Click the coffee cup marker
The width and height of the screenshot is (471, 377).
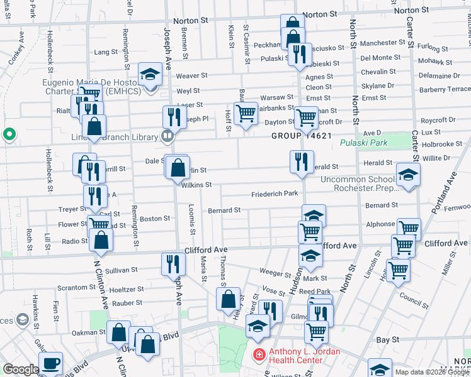(51, 363)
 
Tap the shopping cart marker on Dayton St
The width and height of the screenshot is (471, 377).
(245, 114)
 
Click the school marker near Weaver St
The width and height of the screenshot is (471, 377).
(150, 75)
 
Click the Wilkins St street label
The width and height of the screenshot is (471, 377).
(196, 185)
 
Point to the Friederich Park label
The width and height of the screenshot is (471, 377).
(275, 194)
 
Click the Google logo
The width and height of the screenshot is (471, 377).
(21, 369)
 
